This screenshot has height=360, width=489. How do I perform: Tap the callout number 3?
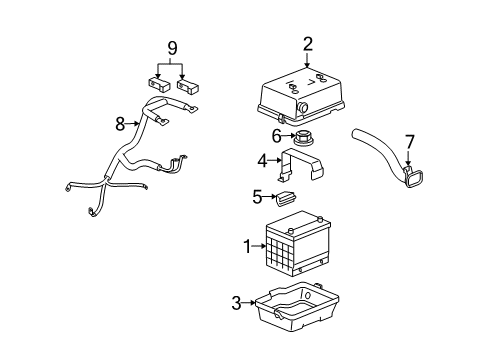click(237, 303)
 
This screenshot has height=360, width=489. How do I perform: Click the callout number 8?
click(120, 125)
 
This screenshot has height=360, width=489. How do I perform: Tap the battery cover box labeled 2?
click(302, 89)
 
